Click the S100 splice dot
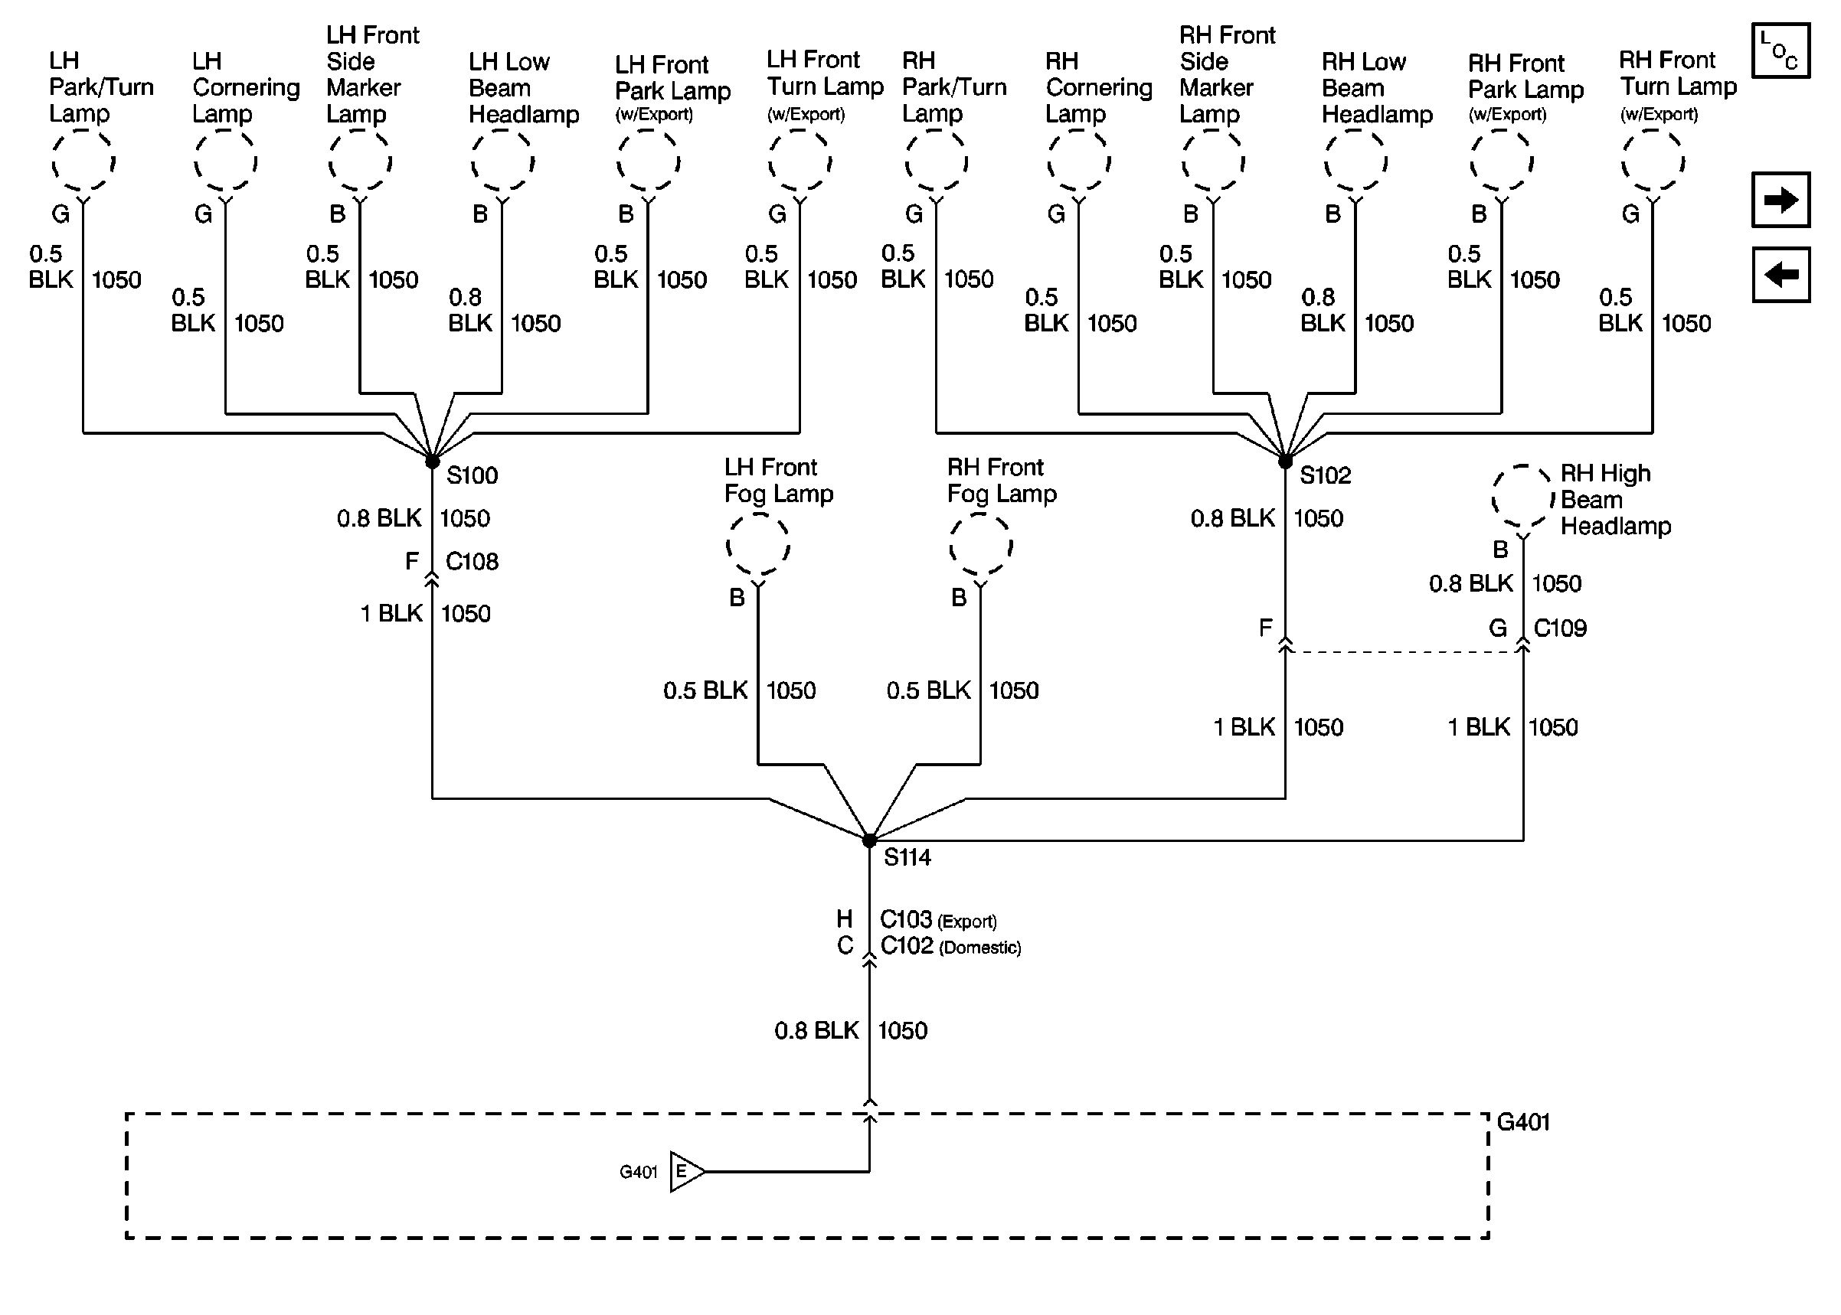pyautogui.click(x=433, y=462)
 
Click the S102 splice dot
pyautogui.click(x=1285, y=462)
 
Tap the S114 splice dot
pyautogui.click(x=869, y=840)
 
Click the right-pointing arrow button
pyautogui.click(x=1781, y=199)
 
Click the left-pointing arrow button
pyautogui.click(x=1781, y=275)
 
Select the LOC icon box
pyautogui.click(x=1781, y=51)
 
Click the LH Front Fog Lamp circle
pyautogui.click(x=758, y=545)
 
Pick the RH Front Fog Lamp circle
pyautogui.click(x=981, y=545)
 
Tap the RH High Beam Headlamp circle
pyautogui.click(x=1523, y=496)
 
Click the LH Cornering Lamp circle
pyautogui.click(x=225, y=162)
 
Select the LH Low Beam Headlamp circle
pyautogui.click(x=502, y=162)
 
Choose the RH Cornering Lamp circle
pyautogui.click(x=1079, y=162)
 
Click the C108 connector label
pyautogui.click(x=473, y=561)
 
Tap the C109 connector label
pyautogui.click(x=1560, y=628)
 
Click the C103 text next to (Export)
pyautogui.click(x=906, y=920)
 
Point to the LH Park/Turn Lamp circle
pyautogui.click(x=83, y=162)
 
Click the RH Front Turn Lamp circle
pyautogui.click(x=1653, y=162)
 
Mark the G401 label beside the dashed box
pyautogui.click(x=1523, y=1122)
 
